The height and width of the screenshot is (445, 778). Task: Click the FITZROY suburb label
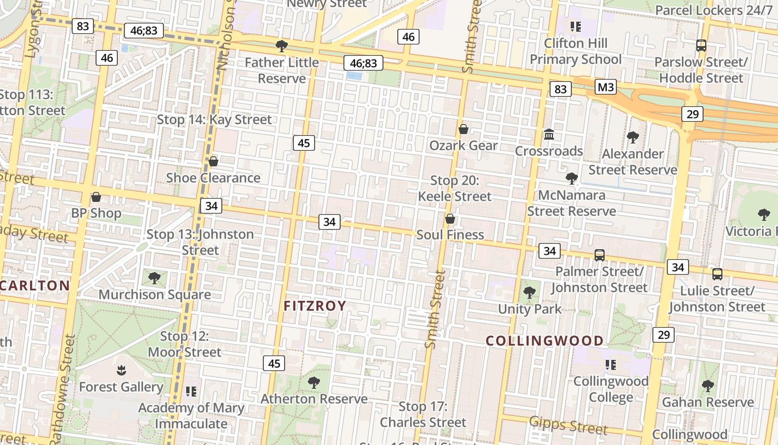(x=315, y=306)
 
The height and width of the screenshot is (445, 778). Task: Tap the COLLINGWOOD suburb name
(x=545, y=341)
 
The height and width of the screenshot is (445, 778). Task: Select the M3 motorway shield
(x=606, y=87)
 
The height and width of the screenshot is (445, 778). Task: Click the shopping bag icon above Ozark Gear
(x=463, y=129)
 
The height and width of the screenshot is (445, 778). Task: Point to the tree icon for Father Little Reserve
(x=282, y=46)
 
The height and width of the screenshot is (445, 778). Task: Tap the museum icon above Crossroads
(x=549, y=135)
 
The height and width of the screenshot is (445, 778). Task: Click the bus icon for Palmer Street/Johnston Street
(x=599, y=255)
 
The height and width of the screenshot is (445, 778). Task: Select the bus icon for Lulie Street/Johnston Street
(x=717, y=274)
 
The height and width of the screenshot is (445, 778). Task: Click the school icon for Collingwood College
(x=611, y=365)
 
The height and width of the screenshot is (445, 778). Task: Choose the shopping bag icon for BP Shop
(x=96, y=197)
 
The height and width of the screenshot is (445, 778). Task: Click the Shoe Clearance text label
(x=213, y=178)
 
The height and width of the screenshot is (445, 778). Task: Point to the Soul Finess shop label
(x=450, y=235)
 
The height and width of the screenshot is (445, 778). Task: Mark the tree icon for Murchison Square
(x=154, y=278)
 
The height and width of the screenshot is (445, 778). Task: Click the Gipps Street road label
(x=568, y=425)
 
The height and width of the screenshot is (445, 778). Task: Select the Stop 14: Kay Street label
(x=215, y=120)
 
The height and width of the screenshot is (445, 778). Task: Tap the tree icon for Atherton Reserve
(x=314, y=383)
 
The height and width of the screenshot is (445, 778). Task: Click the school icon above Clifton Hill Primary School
(x=575, y=26)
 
